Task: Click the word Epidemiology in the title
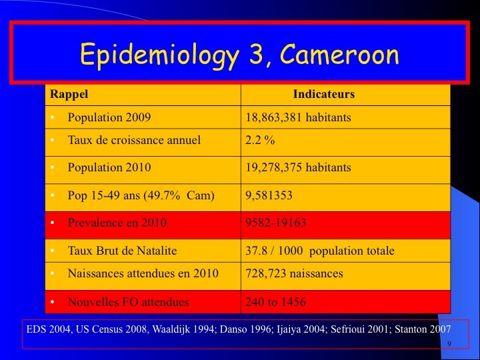pos(159,55)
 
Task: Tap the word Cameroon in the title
pos(339,54)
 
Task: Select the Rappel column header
pos(69,94)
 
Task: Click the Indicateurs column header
pos(324,94)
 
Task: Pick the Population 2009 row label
pos(109,117)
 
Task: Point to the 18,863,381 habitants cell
pos(298,117)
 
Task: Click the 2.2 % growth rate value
pos(260,140)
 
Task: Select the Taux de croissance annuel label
pos(134,140)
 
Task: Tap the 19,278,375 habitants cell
pos(298,167)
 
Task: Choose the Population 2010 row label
pos(109,167)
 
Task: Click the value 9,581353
pos(269,195)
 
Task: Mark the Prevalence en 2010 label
pos(117,223)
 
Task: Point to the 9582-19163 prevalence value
pos(275,223)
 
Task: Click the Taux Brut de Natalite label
pos(122,251)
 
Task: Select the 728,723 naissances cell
pos(294,273)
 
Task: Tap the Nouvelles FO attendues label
pos(128,302)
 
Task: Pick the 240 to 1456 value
pos(275,302)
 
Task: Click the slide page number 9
pos(449,344)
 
